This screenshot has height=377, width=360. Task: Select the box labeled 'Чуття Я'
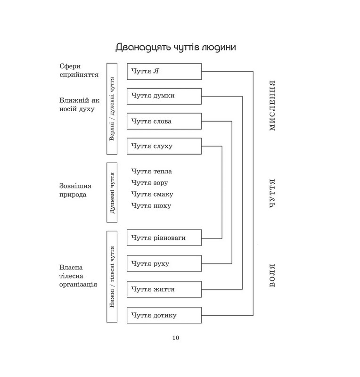164,71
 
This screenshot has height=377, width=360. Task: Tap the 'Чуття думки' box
164,96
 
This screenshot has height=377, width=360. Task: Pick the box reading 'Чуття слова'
164,121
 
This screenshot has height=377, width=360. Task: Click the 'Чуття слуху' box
164,146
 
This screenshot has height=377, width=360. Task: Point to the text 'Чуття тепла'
152,172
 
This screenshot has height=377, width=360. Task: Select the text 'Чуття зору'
150,183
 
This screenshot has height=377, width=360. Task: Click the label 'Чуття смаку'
152,194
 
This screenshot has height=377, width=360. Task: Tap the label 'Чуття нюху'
151,205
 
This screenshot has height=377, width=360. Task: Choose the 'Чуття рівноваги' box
164,238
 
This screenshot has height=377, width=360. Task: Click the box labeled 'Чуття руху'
164,263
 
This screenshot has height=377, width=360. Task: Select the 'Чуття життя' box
164,289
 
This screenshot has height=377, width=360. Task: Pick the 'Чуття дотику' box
164,315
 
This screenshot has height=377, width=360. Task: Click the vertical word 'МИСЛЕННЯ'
272,106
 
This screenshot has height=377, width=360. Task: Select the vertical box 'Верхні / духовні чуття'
112,108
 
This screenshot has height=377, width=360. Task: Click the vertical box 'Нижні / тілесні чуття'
112,277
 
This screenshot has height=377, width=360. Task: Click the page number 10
176,337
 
